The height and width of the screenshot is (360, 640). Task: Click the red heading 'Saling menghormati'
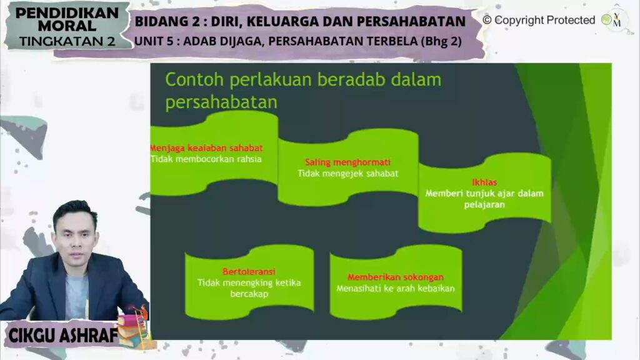click(347, 162)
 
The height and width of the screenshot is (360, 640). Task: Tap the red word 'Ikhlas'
click(484, 182)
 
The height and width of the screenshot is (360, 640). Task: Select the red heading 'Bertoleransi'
click(249, 271)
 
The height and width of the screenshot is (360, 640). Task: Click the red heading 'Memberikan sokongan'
click(396, 277)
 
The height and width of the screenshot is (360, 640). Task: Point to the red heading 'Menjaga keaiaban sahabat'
click(206, 147)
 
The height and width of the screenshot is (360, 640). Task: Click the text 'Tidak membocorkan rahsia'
click(206, 159)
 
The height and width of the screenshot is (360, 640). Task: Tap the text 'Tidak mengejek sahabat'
click(347, 174)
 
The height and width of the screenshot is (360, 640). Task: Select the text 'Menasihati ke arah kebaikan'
click(396, 289)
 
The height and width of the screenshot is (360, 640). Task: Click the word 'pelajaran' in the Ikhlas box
click(484, 204)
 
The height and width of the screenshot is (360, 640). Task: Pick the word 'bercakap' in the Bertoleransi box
click(249, 294)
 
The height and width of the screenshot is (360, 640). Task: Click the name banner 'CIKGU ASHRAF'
click(63, 336)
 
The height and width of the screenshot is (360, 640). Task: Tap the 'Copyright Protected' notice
click(539, 20)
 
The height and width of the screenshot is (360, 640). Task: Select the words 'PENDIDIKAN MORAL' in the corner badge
click(67, 19)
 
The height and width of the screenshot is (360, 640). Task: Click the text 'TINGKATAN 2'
click(67, 41)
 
